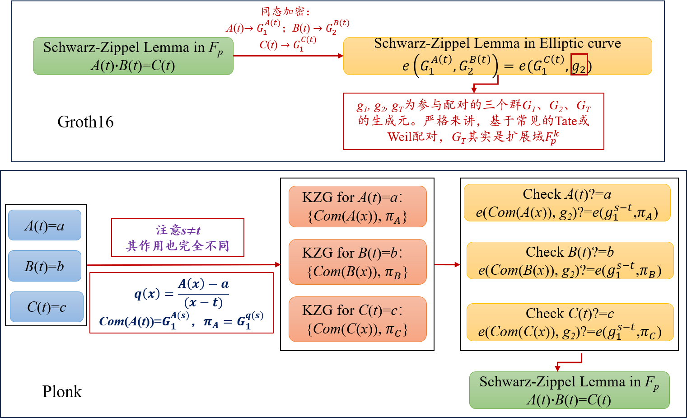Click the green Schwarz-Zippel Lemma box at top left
pos(133,56)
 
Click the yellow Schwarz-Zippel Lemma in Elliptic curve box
pos(497,56)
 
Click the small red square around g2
pos(579,64)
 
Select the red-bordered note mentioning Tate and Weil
pos(473,121)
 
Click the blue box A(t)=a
pos(45,225)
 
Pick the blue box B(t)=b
pos(45,266)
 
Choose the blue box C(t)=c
pos(47,307)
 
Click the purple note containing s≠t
pos(178,238)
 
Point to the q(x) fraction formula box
pos(182,302)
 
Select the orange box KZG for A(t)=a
pos(357,207)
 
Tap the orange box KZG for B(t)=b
pos(357,262)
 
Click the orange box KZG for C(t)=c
pos(357,319)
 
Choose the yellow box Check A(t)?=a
pos(567,203)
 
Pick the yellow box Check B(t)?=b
pos(570,261)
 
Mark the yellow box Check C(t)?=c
pos(570,322)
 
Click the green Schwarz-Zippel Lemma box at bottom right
pos(569,390)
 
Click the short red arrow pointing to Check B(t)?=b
pos(447,264)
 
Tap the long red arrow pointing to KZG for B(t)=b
pos(183,265)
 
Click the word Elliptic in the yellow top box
pos(560,43)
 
